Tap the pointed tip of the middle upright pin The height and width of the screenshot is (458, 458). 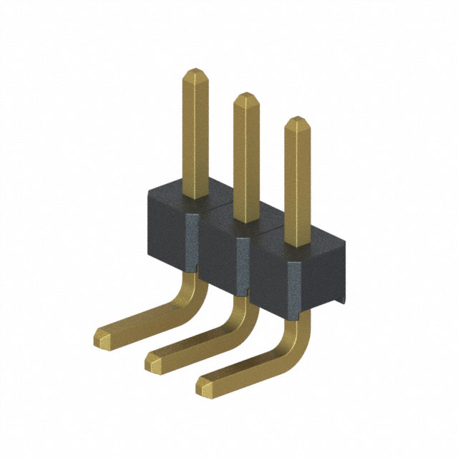pos(246,98)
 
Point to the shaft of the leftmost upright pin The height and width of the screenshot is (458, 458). pos(196,136)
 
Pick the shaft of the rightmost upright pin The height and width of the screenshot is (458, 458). pos(297,186)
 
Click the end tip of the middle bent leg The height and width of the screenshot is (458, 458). pos(153,362)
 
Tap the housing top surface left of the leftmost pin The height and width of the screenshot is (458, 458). pos(166,194)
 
